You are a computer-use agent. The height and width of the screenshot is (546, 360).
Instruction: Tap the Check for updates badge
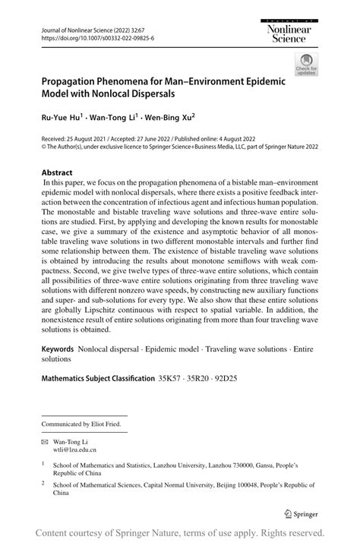(x=308, y=65)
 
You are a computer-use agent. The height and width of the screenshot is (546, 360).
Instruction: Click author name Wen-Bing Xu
(x=168, y=118)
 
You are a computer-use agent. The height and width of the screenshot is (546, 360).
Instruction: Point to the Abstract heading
(x=58, y=172)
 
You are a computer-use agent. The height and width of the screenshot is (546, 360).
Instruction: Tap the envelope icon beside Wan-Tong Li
(x=46, y=440)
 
